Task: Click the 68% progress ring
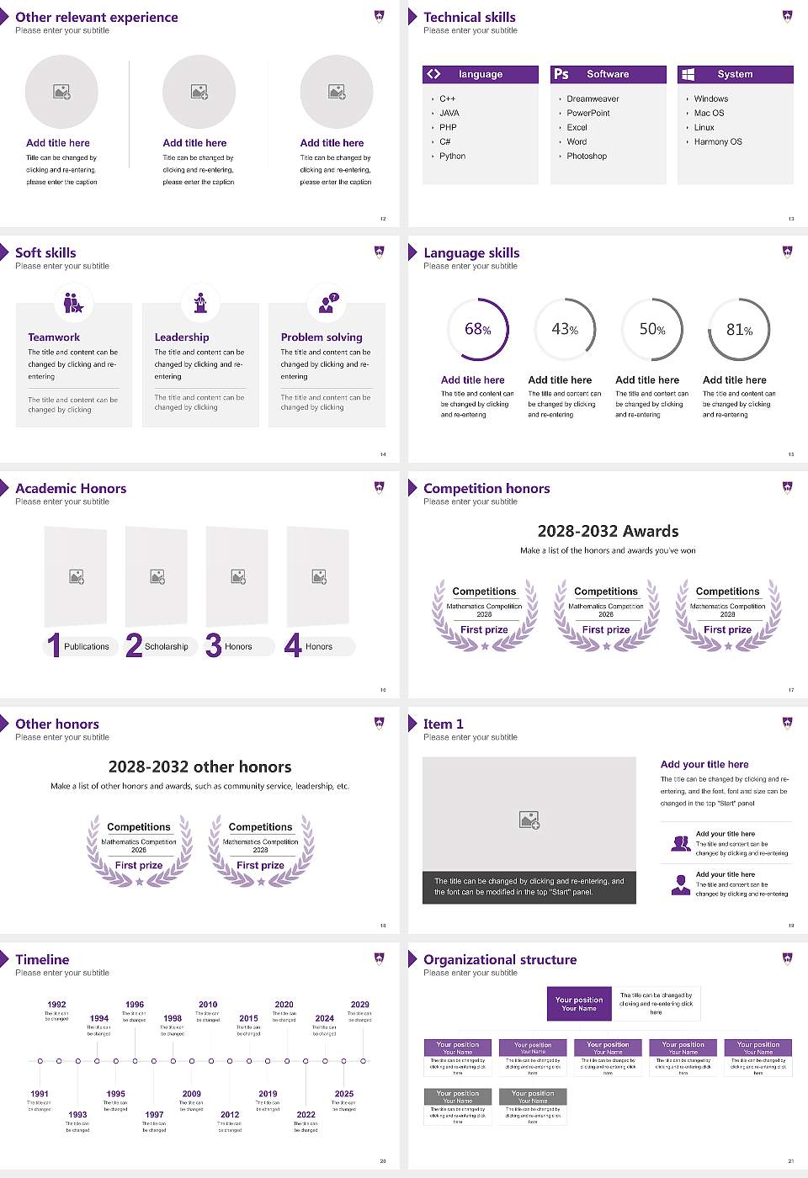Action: (x=478, y=329)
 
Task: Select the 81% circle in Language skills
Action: (x=739, y=329)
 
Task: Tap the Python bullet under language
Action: (x=452, y=157)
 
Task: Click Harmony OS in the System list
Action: (x=718, y=142)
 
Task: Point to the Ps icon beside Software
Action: (x=561, y=74)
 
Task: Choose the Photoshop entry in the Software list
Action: (x=587, y=157)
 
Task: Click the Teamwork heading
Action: (x=54, y=337)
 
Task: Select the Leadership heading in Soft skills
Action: (x=182, y=337)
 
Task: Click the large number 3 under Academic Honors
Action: (x=214, y=645)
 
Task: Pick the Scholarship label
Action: (x=166, y=647)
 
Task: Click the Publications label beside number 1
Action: (x=87, y=647)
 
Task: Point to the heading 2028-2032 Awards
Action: (x=608, y=531)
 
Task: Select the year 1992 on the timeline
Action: (x=56, y=1005)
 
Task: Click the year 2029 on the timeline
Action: (x=360, y=1005)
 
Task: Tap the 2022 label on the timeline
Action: (x=306, y=1115)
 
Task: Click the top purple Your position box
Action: (x=579, y=1004)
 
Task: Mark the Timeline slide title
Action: (x=42, y=959)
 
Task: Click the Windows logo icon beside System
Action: (x=688, y=74)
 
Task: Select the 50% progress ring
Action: (x=652, y=329)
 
